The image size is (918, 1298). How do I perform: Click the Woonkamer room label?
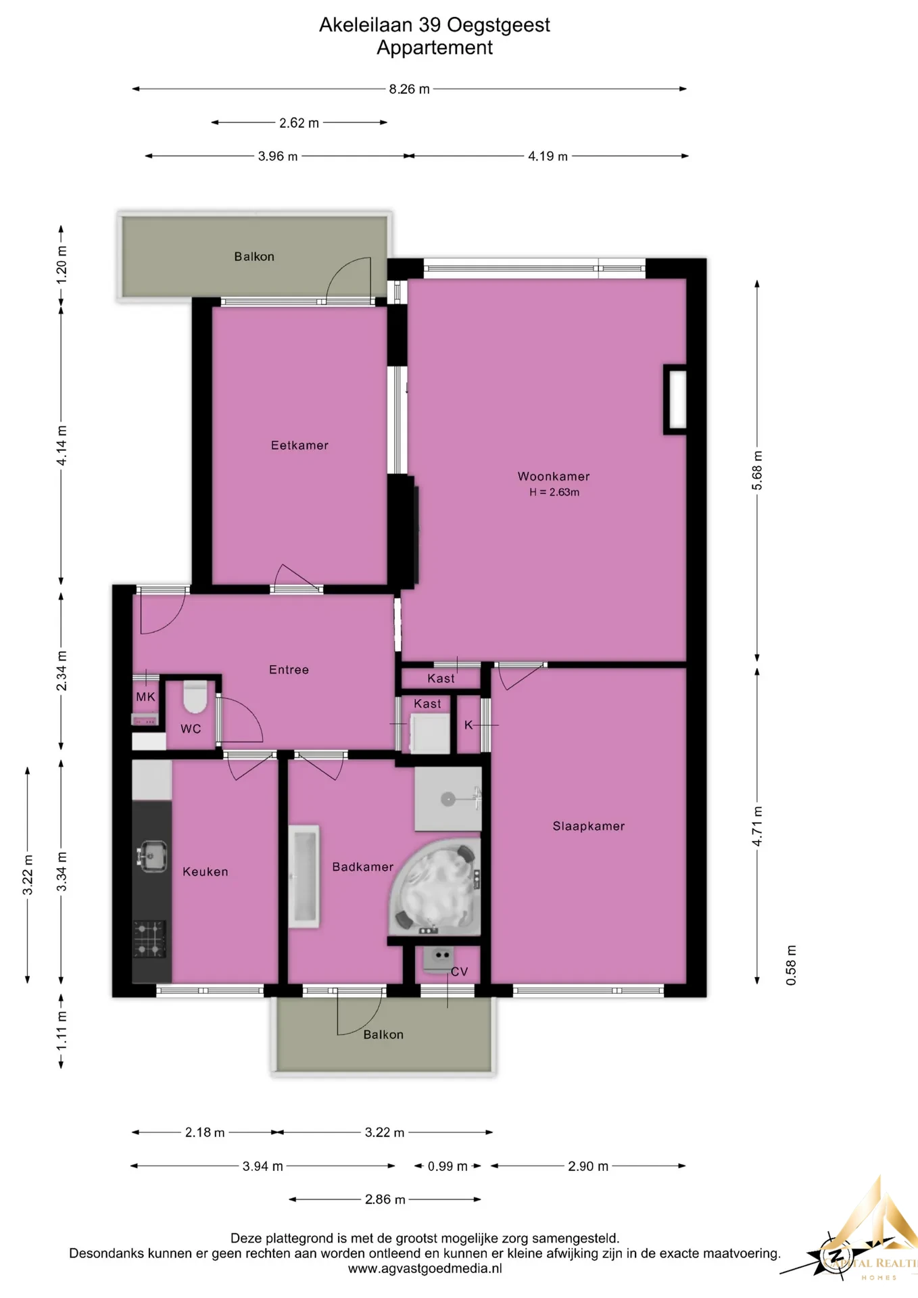point(554,477)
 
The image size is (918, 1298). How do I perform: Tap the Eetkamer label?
point(299,446)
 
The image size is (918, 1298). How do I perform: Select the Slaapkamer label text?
point(589,826)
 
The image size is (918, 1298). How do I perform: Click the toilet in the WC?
point(195,697)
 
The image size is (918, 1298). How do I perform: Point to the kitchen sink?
point(152,855)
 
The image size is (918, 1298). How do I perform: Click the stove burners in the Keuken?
point(149,939)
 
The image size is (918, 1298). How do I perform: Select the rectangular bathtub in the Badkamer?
point(304,876)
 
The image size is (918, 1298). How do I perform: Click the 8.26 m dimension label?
point(409,89)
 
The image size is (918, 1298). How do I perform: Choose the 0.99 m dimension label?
point(448,1166)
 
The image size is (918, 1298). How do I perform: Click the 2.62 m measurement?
point(299,123)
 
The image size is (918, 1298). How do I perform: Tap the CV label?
point(459,972)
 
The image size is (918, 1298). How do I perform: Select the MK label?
point(145,697)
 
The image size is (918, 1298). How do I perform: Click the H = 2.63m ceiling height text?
point(554,493)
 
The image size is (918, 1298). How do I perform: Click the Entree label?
point(289,670)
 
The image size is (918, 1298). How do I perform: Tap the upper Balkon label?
point(254,257)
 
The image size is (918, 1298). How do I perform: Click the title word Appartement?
point(435,48)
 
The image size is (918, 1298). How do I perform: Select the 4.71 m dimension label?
point(758,826)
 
